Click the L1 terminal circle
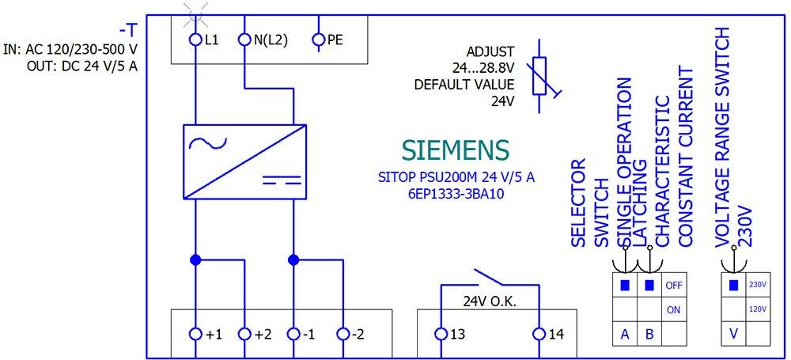click(x=195, y=39)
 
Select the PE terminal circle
click(x=319, y=39)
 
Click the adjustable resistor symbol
click(x=540, y=77)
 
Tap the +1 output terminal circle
click(x=195, y=334)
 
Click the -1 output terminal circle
click(x=293, y=334)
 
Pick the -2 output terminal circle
click(x=342, y=334)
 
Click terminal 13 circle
click(x=441, y=334)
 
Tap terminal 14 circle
click(x=539, y=334)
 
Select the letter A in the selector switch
click(x=625, y=334)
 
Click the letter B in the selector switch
click(x=649, y=334)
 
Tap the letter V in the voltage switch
click(x=734, y=334)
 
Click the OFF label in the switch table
click(x=673, y=285)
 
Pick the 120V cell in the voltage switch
click(x=758, y=309)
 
